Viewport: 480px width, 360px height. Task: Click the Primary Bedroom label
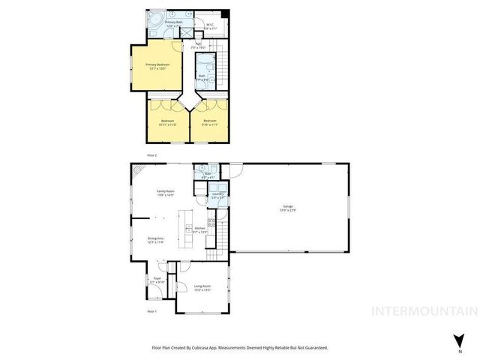[x=157, y=67]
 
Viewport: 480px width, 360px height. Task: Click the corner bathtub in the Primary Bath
[x=153, y=19]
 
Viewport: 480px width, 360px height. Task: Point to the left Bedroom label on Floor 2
[x=168, y=122]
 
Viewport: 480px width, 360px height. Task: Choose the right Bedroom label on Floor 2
[x=209, y=122]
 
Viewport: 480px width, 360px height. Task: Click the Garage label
[x=287, y=208]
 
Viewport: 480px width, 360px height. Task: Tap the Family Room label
[x=165, y=193]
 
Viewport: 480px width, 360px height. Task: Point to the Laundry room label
[x=217, y=196]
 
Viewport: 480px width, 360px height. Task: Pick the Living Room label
[x=202, y=288]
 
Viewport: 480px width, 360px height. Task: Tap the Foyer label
[x=157, y=280]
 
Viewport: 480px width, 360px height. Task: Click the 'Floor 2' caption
[x=152, y=154]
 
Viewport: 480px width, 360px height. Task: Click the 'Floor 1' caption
[x=151, y=310]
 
